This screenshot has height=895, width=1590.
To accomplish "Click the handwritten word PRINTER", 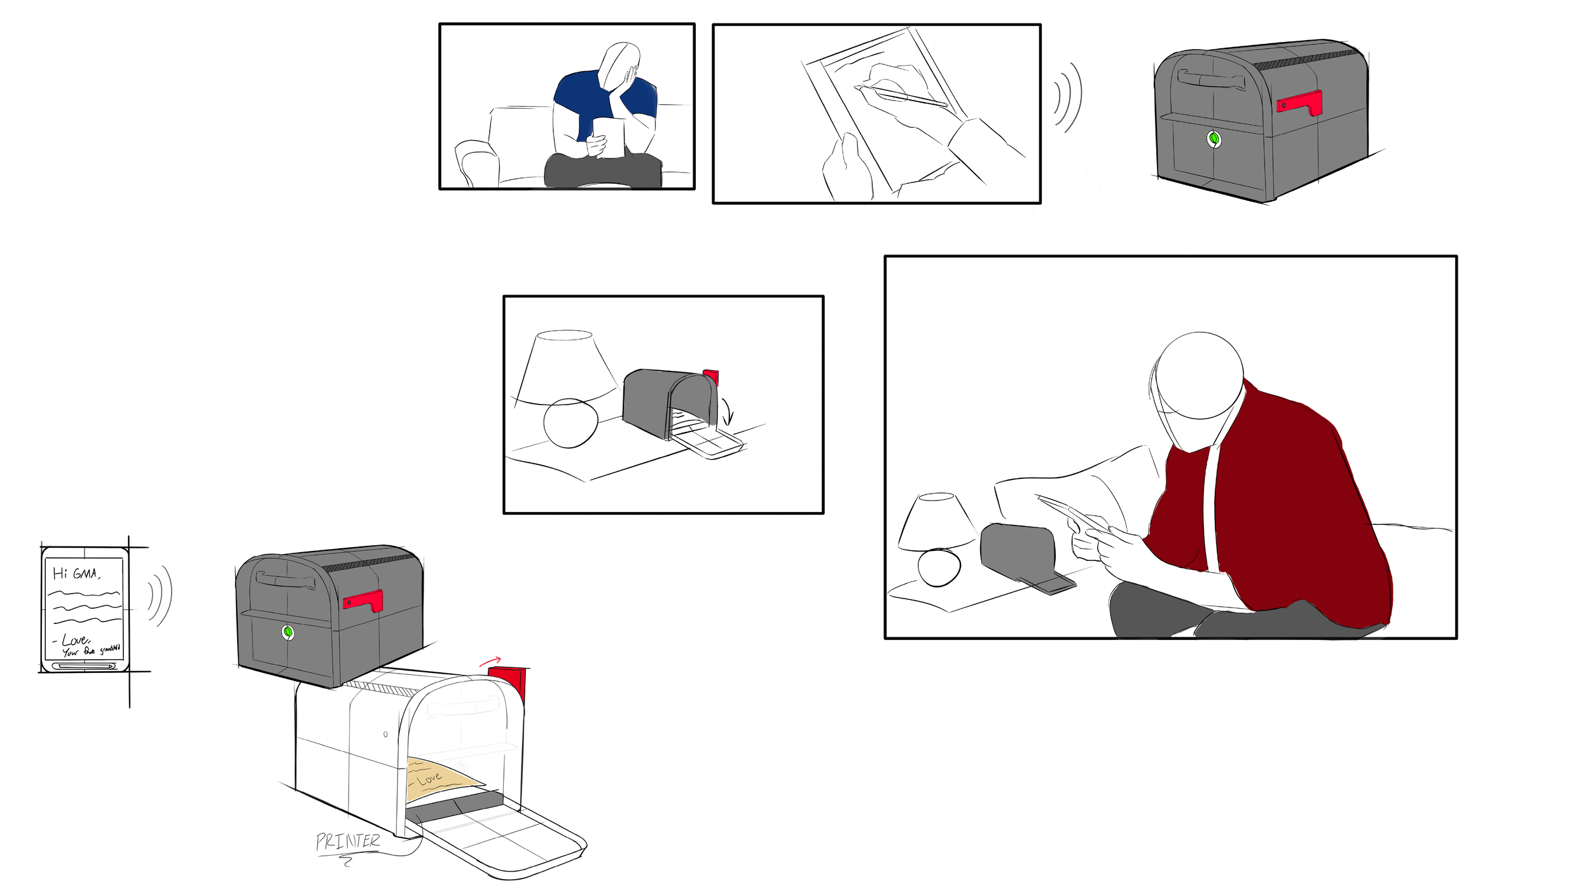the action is pyautogui.click(x=347, y=841).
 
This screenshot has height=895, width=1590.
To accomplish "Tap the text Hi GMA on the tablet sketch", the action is pyautogui.click(x=76, y=573).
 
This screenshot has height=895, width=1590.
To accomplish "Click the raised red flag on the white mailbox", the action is pyautogui.click(x=509, y=681).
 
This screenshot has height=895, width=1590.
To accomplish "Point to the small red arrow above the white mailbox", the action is pyautogui.click(x=490, y=662).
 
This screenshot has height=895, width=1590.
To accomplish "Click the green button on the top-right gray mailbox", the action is pyautogui.click(x=1213, y=139).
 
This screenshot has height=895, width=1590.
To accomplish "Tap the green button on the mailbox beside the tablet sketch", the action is pyautogui.click(x=287, y=632).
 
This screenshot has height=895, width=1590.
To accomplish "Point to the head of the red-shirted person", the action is pyautogui.click(x=1199, y=375).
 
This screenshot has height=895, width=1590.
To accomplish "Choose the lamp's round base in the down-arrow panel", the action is pyautogui.click(x=570, y=423).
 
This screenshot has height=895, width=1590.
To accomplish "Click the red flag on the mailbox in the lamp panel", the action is pyautogui.click(x=711, y=377).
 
